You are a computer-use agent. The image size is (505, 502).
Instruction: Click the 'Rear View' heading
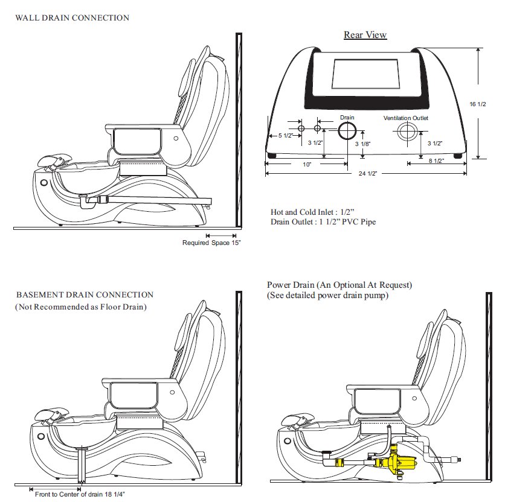click(365, 35)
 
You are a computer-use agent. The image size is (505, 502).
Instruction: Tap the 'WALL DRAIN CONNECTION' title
click(72, 17)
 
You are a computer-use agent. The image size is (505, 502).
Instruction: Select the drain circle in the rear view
click(347, 130)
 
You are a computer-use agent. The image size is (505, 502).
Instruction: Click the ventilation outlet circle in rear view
click(407, 132)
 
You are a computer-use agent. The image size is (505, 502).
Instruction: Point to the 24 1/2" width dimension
click(367, 173)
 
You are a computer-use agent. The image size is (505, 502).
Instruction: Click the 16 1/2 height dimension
click(478, 104)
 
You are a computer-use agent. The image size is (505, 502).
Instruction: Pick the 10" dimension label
click(307, 165)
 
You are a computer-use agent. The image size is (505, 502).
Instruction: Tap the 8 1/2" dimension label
click(436, 160)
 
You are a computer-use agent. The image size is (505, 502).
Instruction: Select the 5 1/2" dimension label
click(286, 136)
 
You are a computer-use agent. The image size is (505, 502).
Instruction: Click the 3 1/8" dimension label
click(362, 144)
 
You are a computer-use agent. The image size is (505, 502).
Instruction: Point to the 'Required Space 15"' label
click(211, 243)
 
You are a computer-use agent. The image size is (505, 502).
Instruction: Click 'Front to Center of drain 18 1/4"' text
click(80, 494)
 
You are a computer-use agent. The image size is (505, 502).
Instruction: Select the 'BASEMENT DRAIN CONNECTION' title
click(85, 295)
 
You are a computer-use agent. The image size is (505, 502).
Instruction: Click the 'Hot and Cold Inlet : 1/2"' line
click(312, 212)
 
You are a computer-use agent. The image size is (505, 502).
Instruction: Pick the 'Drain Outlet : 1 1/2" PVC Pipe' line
click(323, 221)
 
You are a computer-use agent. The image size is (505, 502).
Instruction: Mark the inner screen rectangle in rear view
click(366, 74)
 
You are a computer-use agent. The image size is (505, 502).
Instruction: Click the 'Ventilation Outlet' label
click(406, 118)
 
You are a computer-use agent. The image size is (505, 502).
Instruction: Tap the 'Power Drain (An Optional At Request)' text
click(339, 285)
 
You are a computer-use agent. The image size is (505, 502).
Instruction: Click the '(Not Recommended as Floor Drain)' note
click(81, 307)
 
